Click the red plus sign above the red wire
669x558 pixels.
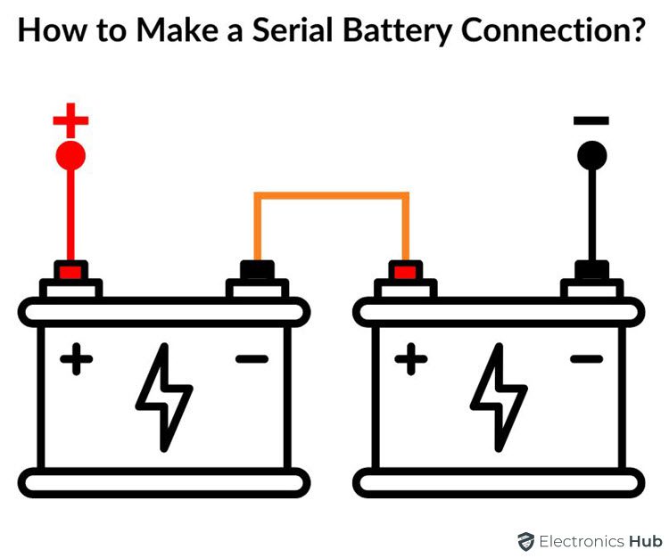(x=70, y=119)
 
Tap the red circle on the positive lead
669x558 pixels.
(x=70, y=156)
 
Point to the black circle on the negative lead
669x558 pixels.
(x=591, y=156)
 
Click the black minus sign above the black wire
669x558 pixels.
(x=591, y=120)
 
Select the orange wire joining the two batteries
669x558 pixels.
(x=332, y=195)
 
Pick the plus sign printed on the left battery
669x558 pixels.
(x=77, y=360)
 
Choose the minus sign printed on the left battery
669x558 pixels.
(x=252, y=359)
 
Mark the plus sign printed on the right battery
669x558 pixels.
(x=411, y=360)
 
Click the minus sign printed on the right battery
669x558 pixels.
(x=586, y=359)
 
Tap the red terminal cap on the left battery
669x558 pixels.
(x=70, y=270)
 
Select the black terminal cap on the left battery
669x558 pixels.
(x=257, y=270)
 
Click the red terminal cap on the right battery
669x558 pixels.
(x=406, y=270)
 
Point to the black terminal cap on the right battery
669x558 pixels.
(x=591, y=270)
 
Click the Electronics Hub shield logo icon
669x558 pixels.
(x=526, y=541)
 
